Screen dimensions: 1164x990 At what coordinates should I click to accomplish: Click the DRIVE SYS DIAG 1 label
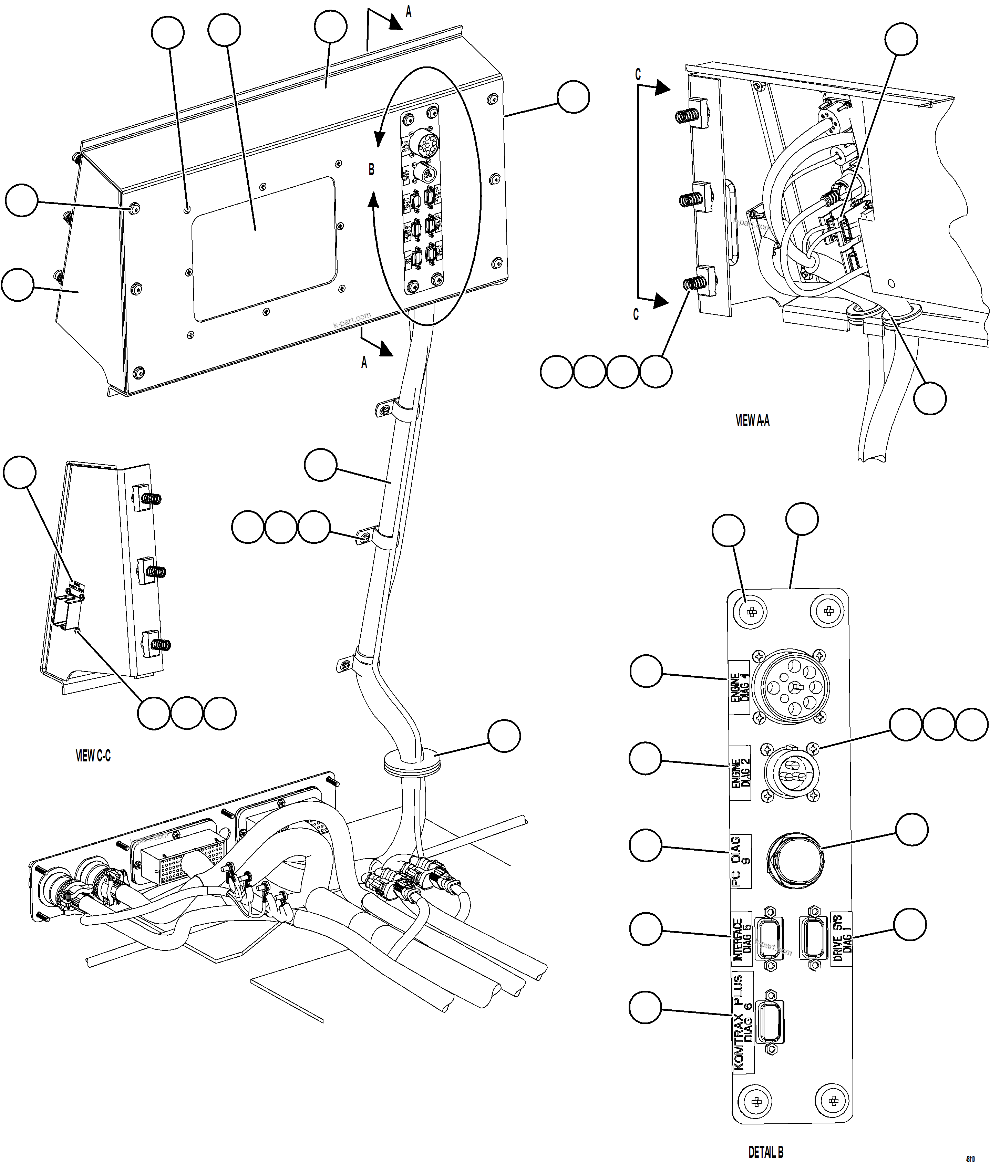[841, 938]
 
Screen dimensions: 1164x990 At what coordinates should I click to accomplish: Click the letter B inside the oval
[371, 169]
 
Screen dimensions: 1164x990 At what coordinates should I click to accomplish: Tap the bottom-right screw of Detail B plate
[833, 1101]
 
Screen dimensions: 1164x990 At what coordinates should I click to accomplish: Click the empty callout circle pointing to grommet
[504, 736]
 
